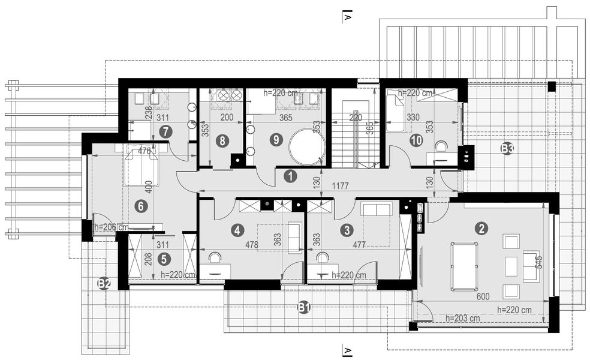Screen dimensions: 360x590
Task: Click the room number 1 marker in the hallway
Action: (290, 176)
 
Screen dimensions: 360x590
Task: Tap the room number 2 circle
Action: (480, 228)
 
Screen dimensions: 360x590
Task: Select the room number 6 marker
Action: (141, 206)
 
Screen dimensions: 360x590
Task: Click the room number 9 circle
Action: (276, 140)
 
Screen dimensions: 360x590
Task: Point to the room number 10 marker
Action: (416, 140)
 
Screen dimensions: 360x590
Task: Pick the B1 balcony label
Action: (304, 308)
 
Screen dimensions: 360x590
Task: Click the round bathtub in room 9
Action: (306, 147)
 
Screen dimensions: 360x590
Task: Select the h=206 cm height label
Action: (112, 227)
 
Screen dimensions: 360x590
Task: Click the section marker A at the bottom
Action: (347, 350)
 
